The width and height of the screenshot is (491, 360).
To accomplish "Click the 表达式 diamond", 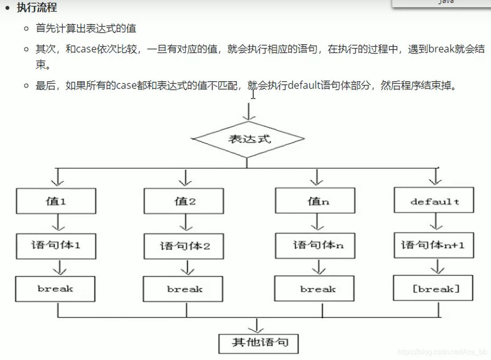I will tap(249, 139).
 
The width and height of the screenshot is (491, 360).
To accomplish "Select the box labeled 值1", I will tap(56, 201).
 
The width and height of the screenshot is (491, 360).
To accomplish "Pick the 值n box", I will tap(315, 201).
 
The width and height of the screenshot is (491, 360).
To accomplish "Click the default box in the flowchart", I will tap(434, 201).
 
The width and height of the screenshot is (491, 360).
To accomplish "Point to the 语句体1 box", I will tap(56, 245).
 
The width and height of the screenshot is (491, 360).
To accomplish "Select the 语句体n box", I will tap(315, 245).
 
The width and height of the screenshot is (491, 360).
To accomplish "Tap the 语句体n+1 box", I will tap(434, 245).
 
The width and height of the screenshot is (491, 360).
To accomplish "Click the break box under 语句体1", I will tap(55, 289).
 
